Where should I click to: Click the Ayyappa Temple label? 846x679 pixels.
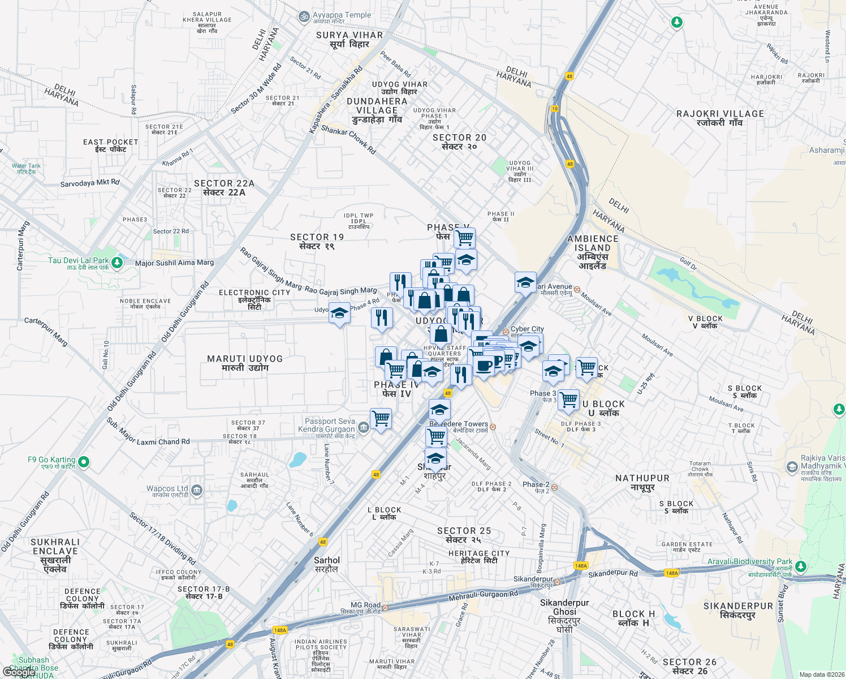coord(342,15)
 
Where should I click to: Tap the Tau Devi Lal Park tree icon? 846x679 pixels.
coord(117,262)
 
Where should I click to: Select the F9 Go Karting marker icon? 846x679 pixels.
coord(84,462)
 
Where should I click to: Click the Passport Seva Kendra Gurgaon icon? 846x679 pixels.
coord(364,427)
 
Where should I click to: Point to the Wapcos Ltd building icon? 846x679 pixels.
coord(197,490)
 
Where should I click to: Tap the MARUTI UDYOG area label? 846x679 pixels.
coord(245,363)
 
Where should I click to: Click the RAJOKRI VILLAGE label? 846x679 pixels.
coord(720,118)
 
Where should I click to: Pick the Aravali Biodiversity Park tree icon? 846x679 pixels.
coord(800,566)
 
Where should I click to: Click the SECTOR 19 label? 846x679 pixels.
coord(317,241)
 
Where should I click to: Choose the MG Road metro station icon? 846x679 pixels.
coord(385,608)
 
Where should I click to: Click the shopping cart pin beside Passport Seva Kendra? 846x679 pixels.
coord(381,419)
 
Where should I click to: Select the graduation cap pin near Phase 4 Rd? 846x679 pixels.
coord(339,313)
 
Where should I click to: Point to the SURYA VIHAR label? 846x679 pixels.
coord(349,39)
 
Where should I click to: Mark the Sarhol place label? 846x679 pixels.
coord(327,564)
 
